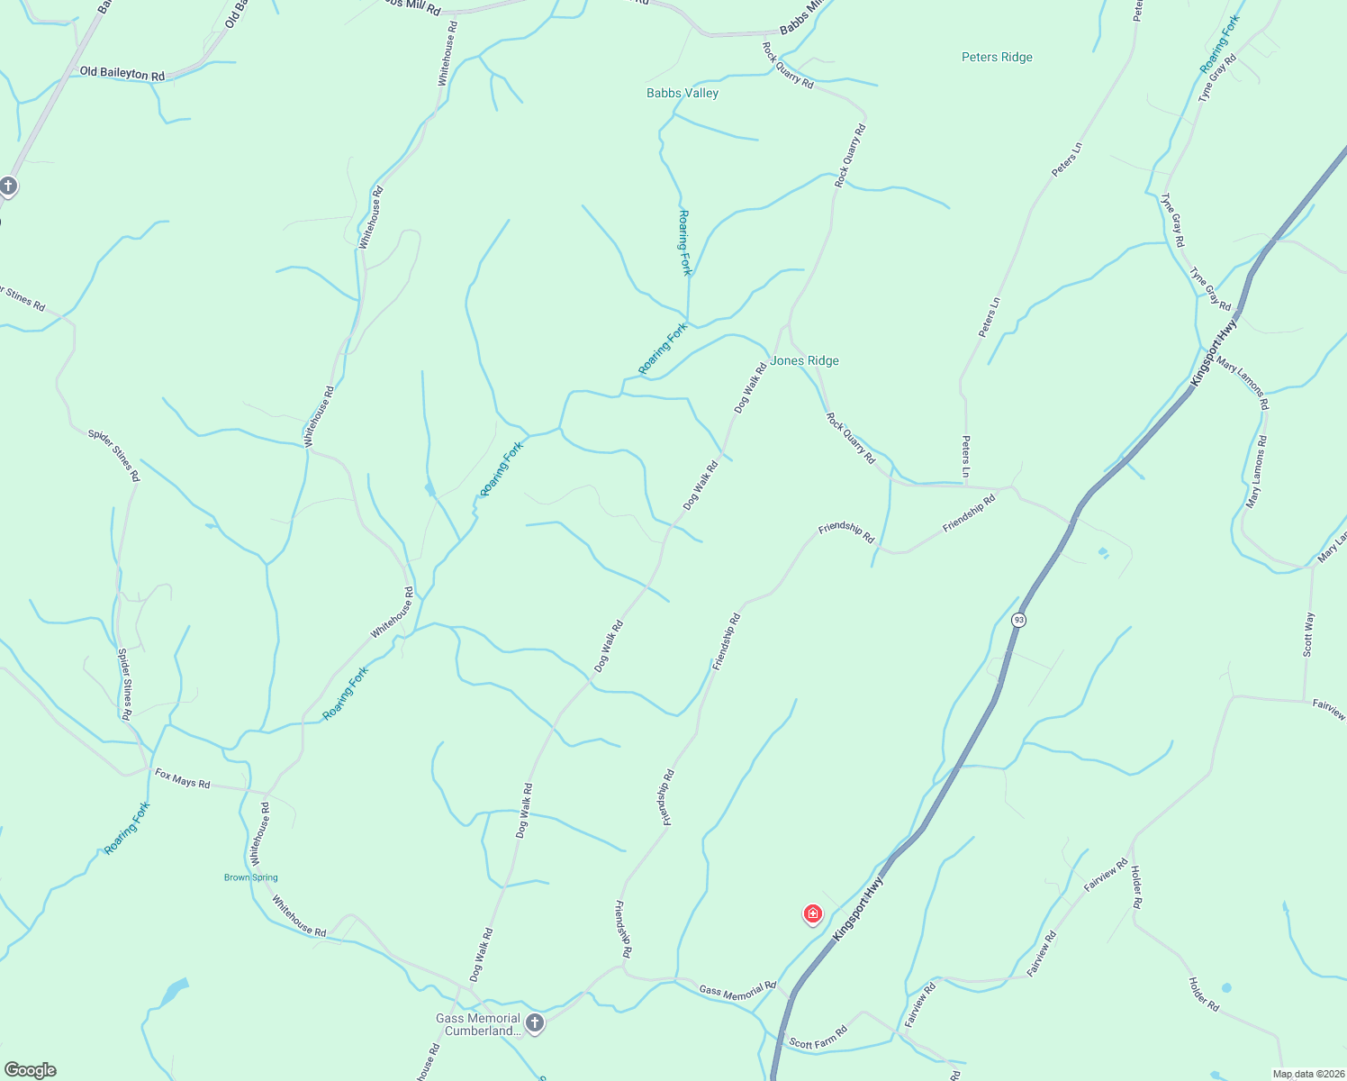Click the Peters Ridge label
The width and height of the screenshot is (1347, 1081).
997,57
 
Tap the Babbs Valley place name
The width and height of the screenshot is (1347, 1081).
683,93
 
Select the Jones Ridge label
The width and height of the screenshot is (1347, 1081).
804,360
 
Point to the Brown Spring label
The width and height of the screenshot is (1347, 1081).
251,877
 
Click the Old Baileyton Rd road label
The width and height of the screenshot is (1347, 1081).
122,73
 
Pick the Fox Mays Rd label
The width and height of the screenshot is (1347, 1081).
182,778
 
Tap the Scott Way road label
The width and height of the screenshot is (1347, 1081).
1308,634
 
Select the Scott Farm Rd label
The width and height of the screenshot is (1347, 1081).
818,1038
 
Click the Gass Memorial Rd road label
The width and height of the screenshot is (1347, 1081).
737,990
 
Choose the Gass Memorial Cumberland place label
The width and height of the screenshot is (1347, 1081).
478,1024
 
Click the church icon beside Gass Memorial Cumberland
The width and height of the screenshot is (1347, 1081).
535,1023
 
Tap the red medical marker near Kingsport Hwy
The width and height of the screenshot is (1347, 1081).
812,914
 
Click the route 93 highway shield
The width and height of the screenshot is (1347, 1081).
1018,620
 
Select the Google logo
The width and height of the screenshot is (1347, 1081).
31,1069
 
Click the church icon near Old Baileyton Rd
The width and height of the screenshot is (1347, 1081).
9,186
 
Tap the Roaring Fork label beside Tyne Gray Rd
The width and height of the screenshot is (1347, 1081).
1220,44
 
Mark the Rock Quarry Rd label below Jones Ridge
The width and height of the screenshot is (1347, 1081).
850,438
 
